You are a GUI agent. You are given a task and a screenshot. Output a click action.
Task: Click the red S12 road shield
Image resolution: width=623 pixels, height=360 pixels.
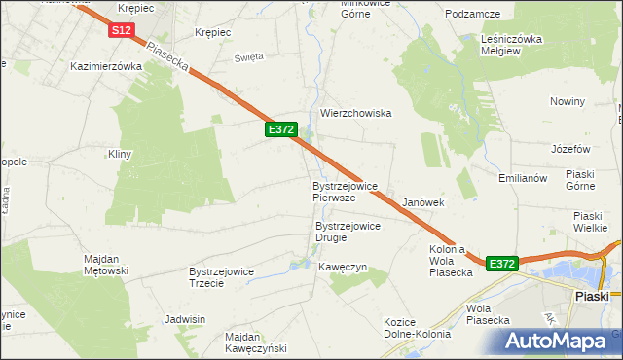(x=121, y=31)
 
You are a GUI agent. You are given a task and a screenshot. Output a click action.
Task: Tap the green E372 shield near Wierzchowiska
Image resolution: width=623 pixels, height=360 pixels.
(x=280, y=128)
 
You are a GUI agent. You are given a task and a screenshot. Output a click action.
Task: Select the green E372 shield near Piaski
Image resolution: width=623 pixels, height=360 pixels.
(x=501, y=264)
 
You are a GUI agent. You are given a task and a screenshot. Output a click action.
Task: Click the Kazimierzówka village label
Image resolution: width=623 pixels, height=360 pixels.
(x=106, y=67)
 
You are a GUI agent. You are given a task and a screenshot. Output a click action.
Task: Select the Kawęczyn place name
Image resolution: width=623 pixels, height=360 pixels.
(x=342, y=267)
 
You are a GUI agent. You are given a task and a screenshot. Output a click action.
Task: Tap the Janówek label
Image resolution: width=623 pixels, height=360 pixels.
(x=423, y=202)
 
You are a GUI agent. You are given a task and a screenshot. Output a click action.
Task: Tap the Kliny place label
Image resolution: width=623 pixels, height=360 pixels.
(x=120, y=155)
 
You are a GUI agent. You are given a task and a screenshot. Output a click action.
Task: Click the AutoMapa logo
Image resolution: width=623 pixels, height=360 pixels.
(x=559, y=341)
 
